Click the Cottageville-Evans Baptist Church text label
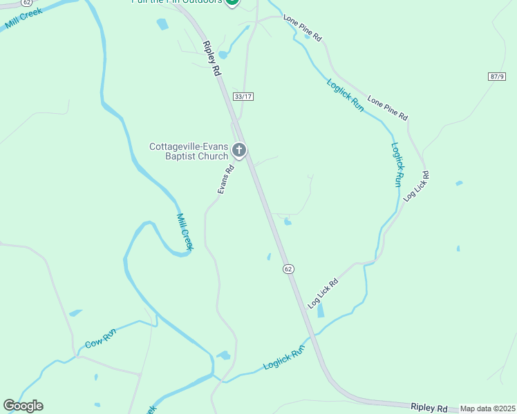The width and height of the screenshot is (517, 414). coord(189,151)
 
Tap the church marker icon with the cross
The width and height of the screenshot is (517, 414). coord(239,150)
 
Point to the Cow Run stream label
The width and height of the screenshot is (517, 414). coord(100,339)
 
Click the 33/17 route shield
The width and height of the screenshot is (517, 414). coord(243,97)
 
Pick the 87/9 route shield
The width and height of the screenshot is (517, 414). coord(497,76)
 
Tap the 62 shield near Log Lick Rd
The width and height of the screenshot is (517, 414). coord(288,268)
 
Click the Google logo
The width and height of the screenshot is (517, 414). coord(23,406)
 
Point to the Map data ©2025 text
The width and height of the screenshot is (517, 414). coord(487,408)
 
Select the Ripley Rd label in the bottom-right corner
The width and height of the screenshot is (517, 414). coord(429,408)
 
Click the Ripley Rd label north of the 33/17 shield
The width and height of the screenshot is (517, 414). coord(211,58)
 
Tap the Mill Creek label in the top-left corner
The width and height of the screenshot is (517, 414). coord(23,19)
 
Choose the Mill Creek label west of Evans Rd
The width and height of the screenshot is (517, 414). coord(185,232)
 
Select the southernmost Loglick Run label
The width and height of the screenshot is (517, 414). coord(284,359)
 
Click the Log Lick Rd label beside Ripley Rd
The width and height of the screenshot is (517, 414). coord(323,293)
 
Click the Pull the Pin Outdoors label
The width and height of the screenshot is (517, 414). coord(176,2)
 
